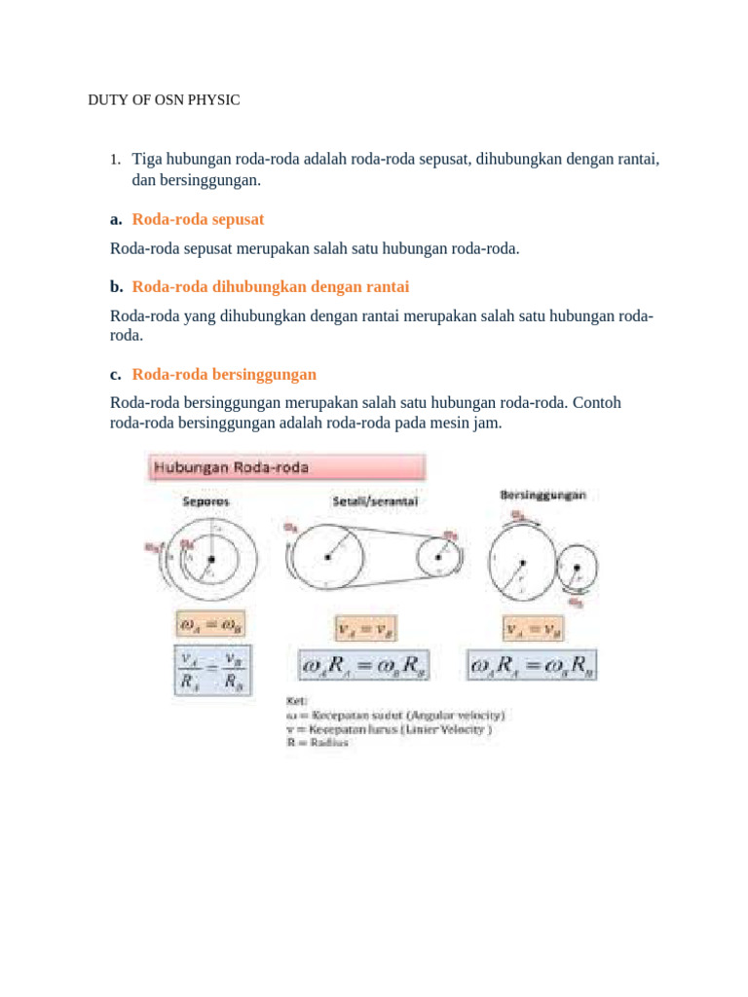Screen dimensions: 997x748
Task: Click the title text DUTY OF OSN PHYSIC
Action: pos(164,101)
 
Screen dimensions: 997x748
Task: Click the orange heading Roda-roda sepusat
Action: pos(198,219)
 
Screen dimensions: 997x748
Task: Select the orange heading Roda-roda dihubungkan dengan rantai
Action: pos(271,286)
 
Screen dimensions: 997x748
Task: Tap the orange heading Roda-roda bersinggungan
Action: pos(224,374)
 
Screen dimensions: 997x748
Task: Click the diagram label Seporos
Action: pos(206,502)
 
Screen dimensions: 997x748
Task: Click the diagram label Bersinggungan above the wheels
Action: pos(542,496)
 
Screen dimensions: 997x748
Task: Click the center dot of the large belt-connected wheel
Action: pos(328,558)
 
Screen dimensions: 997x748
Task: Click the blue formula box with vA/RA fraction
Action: pos(212,669)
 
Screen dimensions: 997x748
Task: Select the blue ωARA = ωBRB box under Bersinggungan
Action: pos(533,667)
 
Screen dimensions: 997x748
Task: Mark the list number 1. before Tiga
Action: pos(114,159)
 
